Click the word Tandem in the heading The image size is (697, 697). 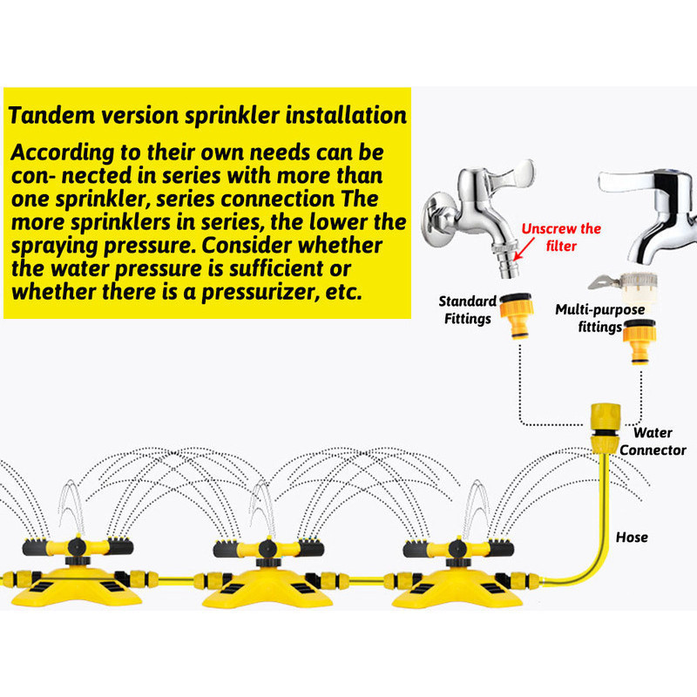click(51, 115)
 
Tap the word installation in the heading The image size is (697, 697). click(346, 115)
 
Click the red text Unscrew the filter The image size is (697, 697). click(561, 237)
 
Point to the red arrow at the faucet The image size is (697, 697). click(524, 248)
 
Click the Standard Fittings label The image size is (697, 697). click(468, 310)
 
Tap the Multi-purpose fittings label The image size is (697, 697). click(599, 318)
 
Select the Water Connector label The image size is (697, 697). click(653, 441)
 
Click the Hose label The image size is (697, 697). click(632, 538)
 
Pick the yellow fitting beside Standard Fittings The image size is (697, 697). click(516, 316)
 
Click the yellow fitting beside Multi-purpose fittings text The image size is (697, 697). click(639, 342)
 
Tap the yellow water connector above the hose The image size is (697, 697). click(606, 429)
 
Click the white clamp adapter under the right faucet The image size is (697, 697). click(627, 287)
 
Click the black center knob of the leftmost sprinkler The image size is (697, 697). click(77, 547)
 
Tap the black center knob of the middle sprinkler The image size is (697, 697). click(267, 550)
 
